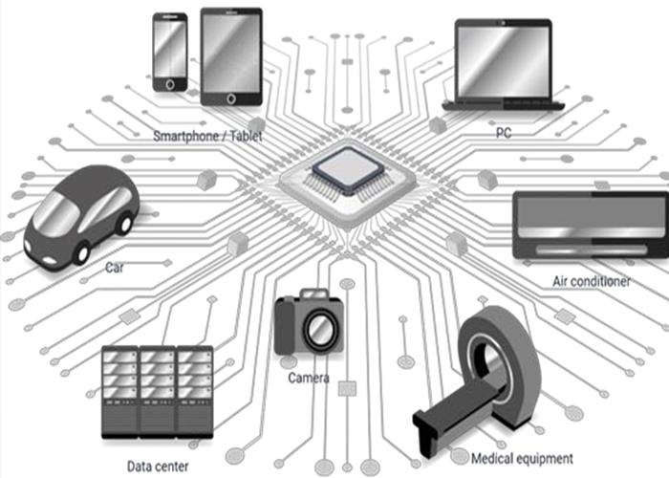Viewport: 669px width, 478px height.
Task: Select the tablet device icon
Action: click(x=231, y=55)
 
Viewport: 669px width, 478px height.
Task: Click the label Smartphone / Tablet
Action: click(x=207, y=136)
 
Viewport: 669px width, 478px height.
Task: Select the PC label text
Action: click(x=504, y=133)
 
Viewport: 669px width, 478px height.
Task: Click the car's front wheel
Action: click(x=81, y=251)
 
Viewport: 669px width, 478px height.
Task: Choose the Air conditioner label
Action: click(x=592, y=282)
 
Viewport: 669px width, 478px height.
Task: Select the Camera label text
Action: click(x=309, y=379)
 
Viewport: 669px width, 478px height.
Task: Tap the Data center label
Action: click(x=158, y=467)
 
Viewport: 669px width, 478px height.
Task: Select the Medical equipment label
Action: click(x=522, y=458)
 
